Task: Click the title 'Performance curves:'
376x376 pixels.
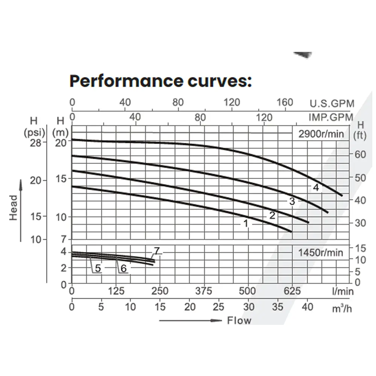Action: [161, 81]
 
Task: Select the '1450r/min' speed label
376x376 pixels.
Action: [321, 253]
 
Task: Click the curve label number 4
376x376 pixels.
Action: [316, 187]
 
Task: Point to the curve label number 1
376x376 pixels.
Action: [246, 224]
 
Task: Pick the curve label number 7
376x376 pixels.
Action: [157, 251]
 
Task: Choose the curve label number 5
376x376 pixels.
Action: [98, 268]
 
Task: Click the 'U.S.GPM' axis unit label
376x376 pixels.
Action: [332, 103]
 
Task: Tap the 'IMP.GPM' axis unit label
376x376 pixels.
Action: [331, 117]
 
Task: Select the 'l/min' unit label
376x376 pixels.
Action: [343, 291]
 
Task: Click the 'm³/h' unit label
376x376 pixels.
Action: [342, 308]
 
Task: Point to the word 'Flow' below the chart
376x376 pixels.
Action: [239, 320]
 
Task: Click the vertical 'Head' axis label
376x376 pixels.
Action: [14, 208]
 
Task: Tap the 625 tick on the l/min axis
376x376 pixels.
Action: [292, 291]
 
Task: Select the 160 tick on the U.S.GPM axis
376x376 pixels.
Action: [285, 102]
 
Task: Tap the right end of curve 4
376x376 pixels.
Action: [342, 196]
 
